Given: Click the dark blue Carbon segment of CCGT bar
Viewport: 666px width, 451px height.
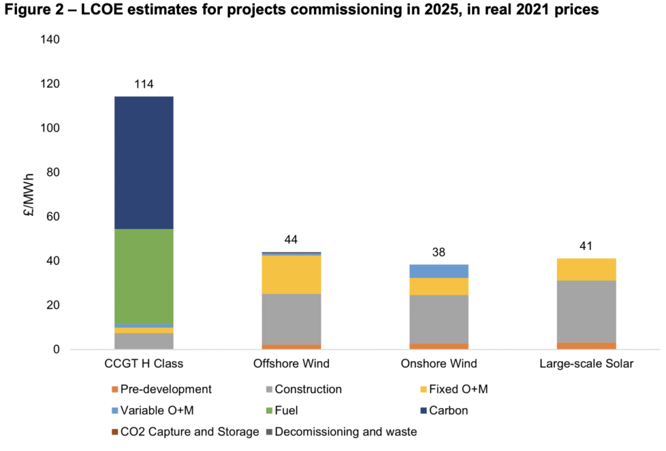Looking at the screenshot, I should pyautogui.click(x=143, y=163).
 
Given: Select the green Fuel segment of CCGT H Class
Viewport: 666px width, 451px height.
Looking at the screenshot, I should pyautogui.click(x=143, y=276).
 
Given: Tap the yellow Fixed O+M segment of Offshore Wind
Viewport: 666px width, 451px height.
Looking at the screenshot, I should pyautogui.click(x=291, y=275).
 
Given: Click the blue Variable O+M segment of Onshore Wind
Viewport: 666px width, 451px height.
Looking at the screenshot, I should pyautogui.click(x=439, y=271).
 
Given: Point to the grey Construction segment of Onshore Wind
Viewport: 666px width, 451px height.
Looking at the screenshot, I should pyautogui.click(x=439, y=319).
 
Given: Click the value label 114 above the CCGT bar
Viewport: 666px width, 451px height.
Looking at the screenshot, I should pyautogui.click(x=143, y=84).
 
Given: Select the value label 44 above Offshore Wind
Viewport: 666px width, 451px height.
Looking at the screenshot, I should pyautogui.click(x=291, y=240).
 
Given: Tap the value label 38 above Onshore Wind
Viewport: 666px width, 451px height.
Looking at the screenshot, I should pyautogui.click(x=439, y=253).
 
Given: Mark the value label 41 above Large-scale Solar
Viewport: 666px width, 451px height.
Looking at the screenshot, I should pyautogui.click(x=587, y=247).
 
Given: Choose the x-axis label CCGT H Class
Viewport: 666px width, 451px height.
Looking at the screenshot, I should pyautogui.click(x=143, y=363).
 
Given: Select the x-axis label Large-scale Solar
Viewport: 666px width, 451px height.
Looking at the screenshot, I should pyautogui.click(x=587, y=363).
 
